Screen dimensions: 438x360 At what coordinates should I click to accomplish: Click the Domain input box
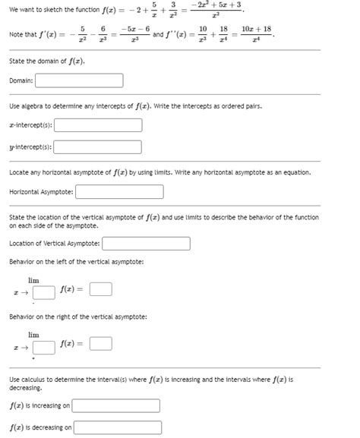(79, 80)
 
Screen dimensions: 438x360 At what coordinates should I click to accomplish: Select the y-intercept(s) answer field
(96, 147)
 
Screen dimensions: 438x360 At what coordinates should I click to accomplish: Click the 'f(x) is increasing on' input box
(116, 405)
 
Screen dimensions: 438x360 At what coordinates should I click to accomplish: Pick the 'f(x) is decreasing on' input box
(117, 427)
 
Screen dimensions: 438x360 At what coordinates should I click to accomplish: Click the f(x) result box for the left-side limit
(101, 289)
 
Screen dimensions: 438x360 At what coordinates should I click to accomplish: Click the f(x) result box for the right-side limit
(101, 344)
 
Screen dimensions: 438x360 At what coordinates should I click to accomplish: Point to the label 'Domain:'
(21, 80)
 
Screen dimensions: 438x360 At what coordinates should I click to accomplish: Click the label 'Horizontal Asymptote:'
(41, 192)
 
